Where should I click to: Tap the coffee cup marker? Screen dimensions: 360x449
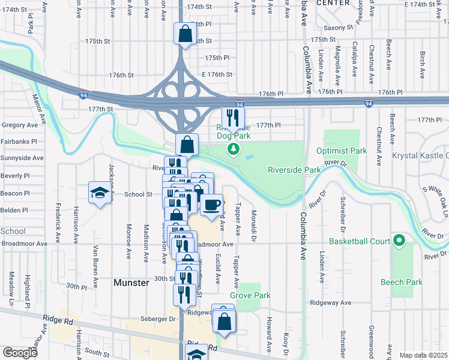pos(211,205)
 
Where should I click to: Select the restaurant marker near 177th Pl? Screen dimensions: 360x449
pos(233,118)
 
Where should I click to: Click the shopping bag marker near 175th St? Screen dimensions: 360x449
pos(185,34)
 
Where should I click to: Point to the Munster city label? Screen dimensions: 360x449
pos(131,282)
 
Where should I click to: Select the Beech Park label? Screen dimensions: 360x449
pos(402,282)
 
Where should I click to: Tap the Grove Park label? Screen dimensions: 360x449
pos(250,295)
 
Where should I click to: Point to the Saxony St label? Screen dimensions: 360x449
pos(339,28)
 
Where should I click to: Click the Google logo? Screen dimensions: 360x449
pos(20,353)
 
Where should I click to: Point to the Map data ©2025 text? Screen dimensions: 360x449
pos(423,355)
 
